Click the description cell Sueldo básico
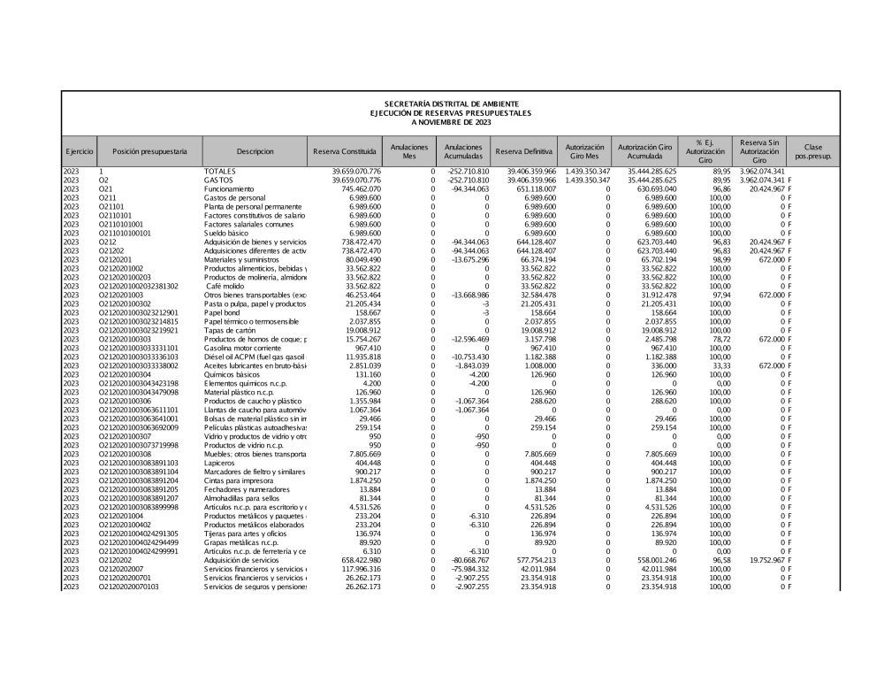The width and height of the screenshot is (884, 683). coord(228,233)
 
